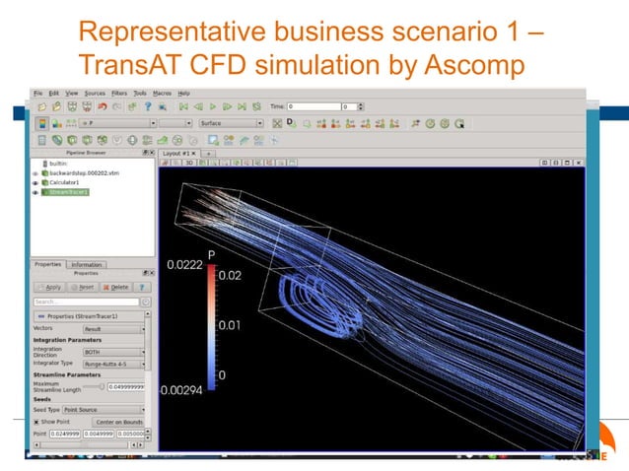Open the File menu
pos(38,93)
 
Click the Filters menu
pos(118,93)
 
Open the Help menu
pos(184,93)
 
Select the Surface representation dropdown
pos(231,123)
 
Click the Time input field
pos(314,105)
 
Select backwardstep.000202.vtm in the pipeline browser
pos(83,172)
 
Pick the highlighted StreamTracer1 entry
pos(70,192)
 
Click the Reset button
pos(82,287)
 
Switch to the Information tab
pos(87,264)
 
